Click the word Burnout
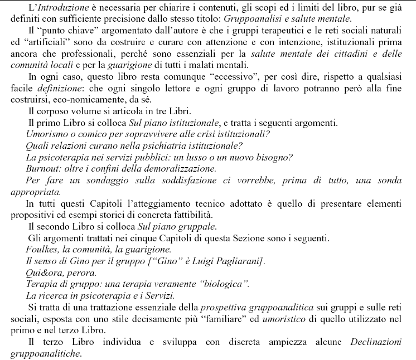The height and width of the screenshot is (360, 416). pos(43,168)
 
